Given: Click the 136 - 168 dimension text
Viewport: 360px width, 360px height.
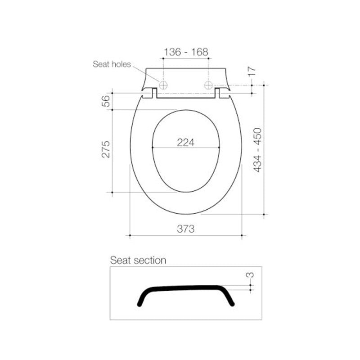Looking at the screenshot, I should coord(186,52).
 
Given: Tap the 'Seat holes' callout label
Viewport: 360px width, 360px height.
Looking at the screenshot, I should coord(112,64).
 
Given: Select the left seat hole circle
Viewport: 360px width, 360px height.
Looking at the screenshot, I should coord(163,85).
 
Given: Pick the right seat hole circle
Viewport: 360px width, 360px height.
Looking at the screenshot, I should coord(208,85).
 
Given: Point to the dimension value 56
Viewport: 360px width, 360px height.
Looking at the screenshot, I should coord(105,101).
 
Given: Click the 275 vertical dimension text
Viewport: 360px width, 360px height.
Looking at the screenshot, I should coord(105,149).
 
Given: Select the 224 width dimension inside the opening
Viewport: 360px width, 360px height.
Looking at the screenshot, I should coord(186,142).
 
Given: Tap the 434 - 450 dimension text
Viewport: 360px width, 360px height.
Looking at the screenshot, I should coord(258,150).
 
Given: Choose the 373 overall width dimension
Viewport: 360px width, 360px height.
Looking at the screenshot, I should coord(185,229).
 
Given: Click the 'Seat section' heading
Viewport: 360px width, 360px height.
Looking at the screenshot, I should coord(138,261).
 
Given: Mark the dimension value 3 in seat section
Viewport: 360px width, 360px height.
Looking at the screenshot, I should coord(252,274).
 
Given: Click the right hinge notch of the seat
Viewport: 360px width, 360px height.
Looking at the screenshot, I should coord(218,93).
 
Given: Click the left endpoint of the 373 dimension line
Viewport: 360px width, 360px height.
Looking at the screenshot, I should coord(130,235).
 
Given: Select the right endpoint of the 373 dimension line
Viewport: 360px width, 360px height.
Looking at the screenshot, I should coord(242,235).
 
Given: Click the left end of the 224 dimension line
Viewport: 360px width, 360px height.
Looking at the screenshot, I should coord(153,147).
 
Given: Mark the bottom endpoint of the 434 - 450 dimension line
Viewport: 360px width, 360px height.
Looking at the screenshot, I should coord(264,215).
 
